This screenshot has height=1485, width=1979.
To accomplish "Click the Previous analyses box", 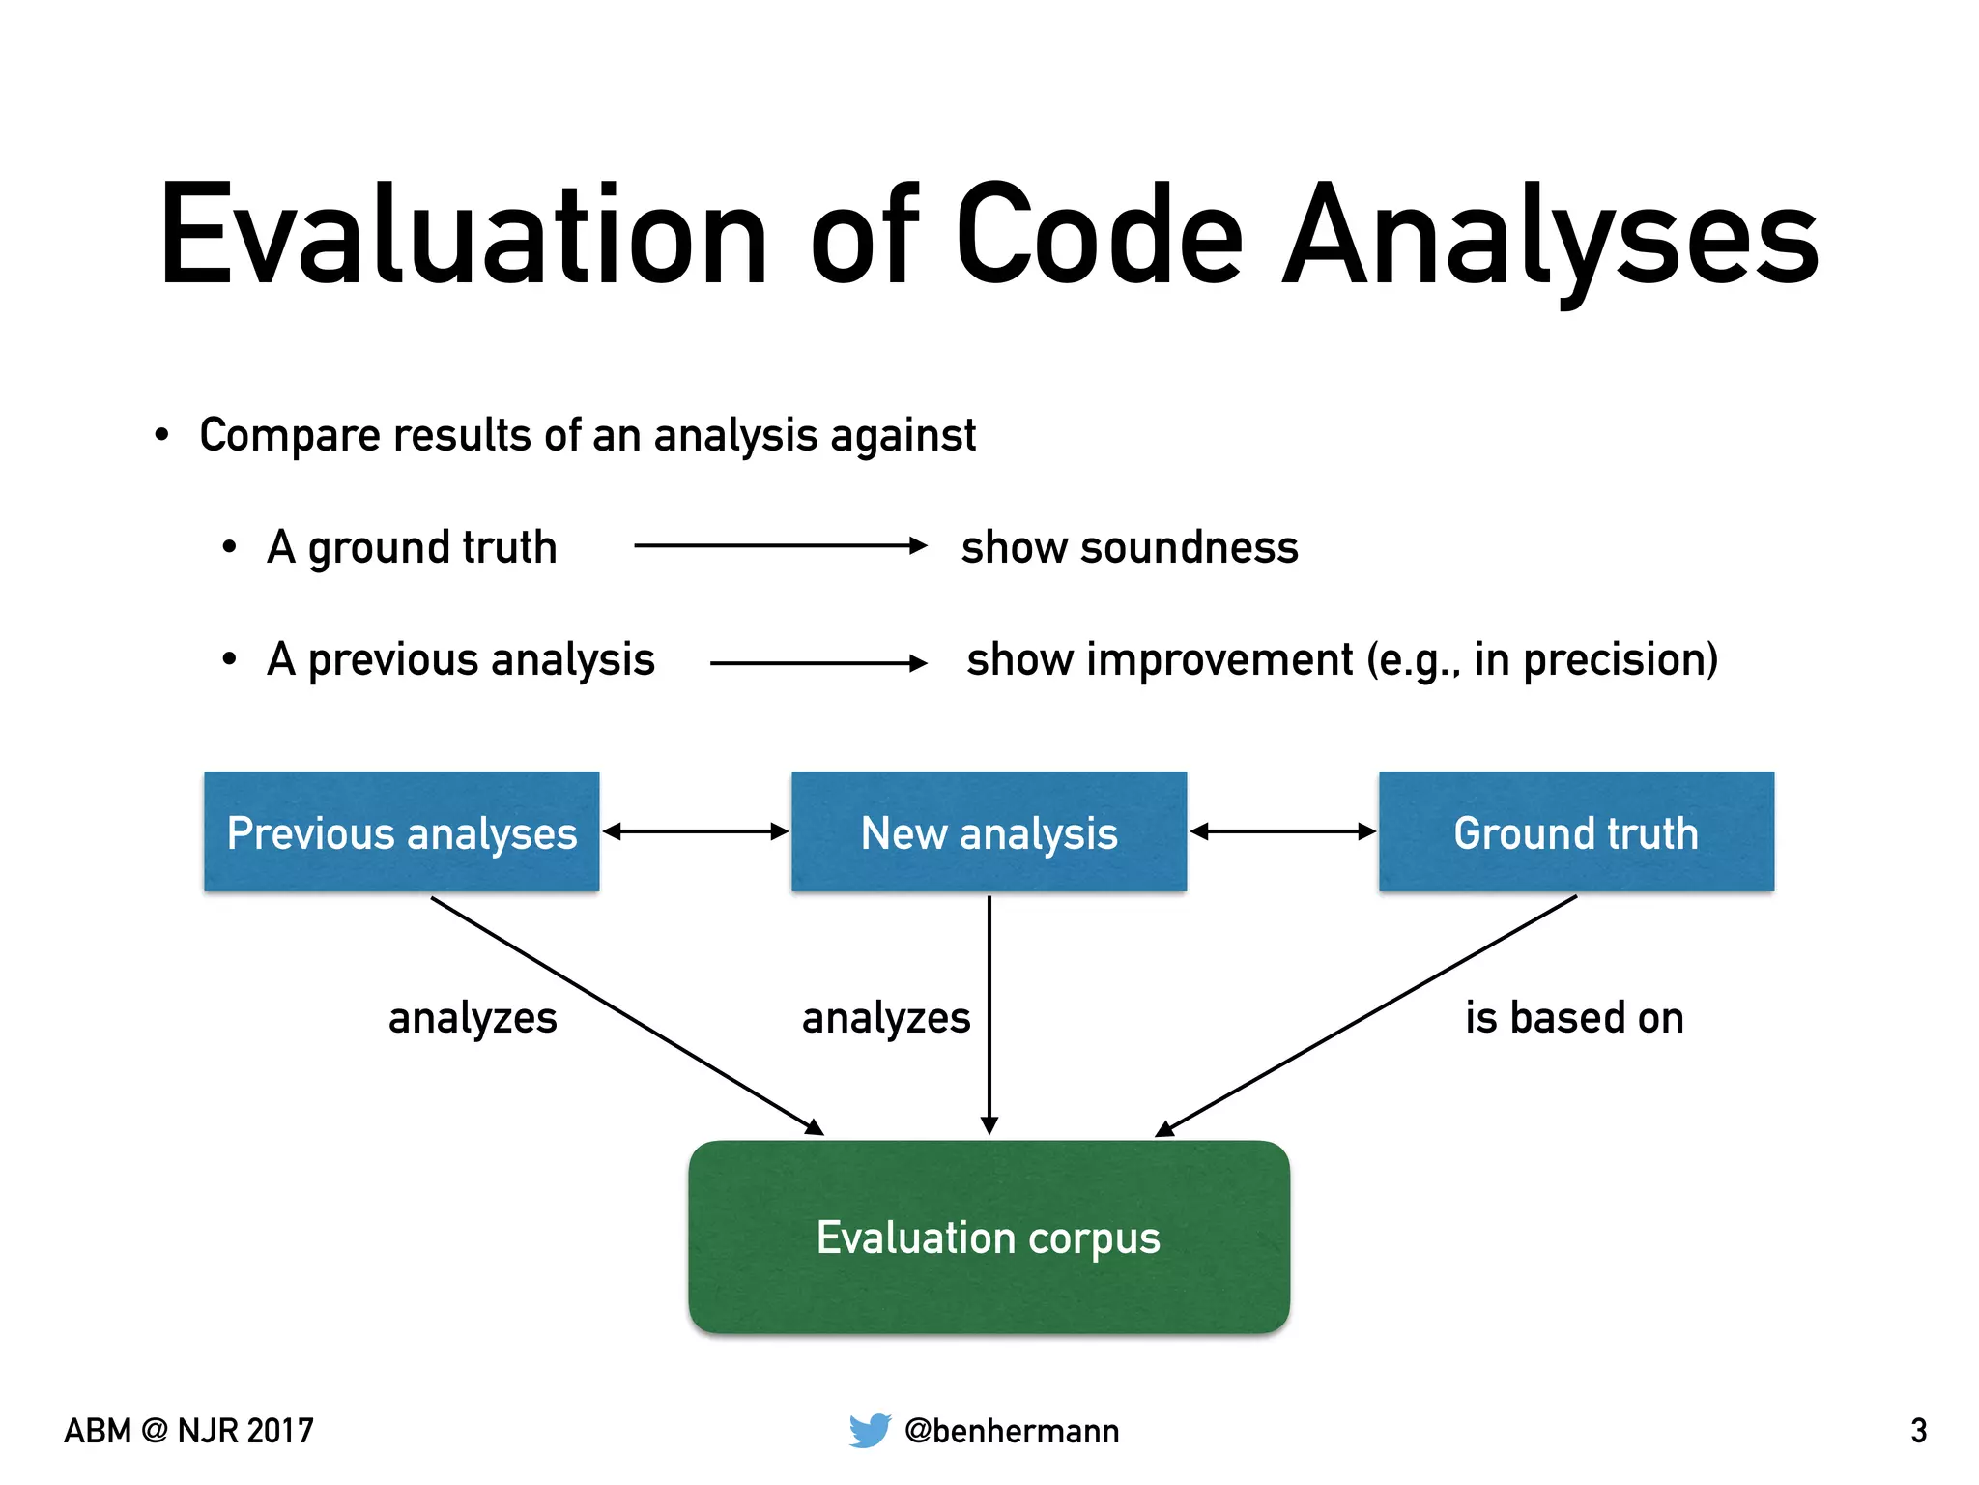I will click(x=401, y=831).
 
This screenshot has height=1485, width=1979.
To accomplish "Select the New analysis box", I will click(x=989, y=831).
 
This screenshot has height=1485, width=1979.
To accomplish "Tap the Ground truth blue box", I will click(x=1576, y=831).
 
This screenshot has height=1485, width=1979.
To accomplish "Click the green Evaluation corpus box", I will click(x=989, y=1237).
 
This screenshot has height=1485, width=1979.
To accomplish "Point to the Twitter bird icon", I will click(x=870, y=1430).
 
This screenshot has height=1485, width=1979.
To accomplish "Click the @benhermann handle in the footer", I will click(x=1012, y=1431).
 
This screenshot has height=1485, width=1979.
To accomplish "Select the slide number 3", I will click(x=1918, y=1431).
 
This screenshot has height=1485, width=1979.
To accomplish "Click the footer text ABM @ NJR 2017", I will click(x=189, y=1431).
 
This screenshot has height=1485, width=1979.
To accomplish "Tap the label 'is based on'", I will click(x=1574, y=1018).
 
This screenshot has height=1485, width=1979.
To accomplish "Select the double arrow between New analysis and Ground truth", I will click(x=1282, y=831).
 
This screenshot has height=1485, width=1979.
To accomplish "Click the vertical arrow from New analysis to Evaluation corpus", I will click(x=989, y=1015).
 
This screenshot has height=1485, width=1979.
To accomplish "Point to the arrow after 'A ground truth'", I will click(x=780, y=546).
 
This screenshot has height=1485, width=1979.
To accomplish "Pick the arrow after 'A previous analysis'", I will click(x=817, y=663).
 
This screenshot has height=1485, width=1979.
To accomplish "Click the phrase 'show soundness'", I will click(x=1130, y=547).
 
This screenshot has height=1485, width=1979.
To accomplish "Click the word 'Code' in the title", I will click(x=1099, y=237).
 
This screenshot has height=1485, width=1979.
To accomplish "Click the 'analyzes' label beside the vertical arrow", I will click(x=886, y=1018).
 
